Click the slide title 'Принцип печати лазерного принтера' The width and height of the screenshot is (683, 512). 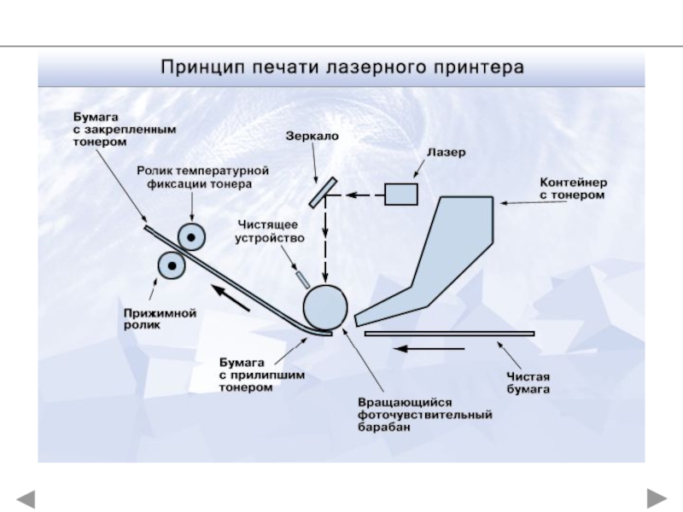click(341, 67)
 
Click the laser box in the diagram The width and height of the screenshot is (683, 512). click(400, 195)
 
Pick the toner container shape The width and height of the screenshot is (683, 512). click(444, 256)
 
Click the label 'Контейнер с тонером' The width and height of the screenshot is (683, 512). click(572, 189)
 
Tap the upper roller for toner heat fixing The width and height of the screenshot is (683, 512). click(190, 236)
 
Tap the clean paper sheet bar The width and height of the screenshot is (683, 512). click(449, 334)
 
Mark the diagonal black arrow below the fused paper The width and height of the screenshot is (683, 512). click(230, 298)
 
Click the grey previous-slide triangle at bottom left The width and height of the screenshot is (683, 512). click(27, 497)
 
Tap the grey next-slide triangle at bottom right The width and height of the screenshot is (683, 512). click(656, 497)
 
